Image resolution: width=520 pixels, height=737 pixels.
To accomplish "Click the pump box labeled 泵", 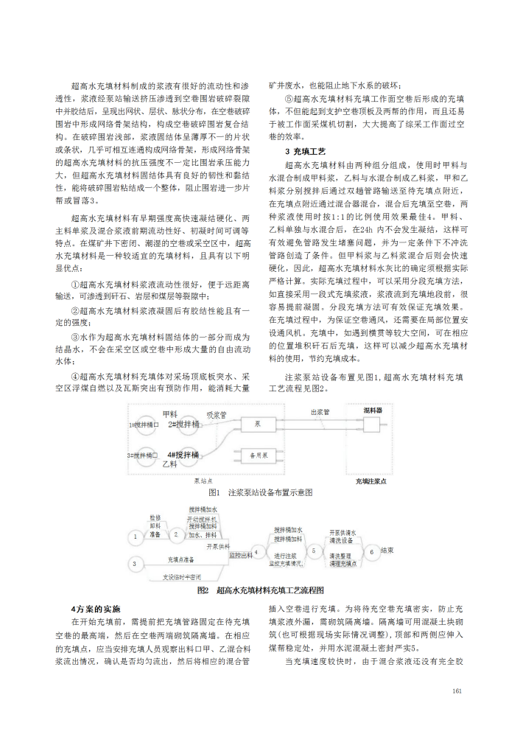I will point(258,425).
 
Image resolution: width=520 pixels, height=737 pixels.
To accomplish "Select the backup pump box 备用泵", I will point(257,456).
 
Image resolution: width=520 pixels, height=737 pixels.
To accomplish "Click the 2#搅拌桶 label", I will point(182,425).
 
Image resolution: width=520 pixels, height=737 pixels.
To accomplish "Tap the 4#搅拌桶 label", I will point(182,455).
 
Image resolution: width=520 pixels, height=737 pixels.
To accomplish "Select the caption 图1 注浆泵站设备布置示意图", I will point(260,492).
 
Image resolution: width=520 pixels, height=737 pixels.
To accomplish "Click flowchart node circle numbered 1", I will point(136,537).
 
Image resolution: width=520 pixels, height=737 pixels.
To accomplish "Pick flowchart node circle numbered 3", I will point(136,564).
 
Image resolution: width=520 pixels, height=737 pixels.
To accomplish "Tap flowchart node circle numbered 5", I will point(314,550).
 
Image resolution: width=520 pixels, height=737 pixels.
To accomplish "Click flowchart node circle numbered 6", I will point(372,551).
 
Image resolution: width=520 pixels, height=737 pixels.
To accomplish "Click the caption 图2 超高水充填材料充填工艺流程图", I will point(260,591).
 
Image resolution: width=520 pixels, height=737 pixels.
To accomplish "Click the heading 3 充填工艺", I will point(301,151).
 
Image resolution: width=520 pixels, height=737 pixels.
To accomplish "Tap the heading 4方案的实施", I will point(96,609).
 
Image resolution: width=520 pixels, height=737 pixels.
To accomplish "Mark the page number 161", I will point(457,691).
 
